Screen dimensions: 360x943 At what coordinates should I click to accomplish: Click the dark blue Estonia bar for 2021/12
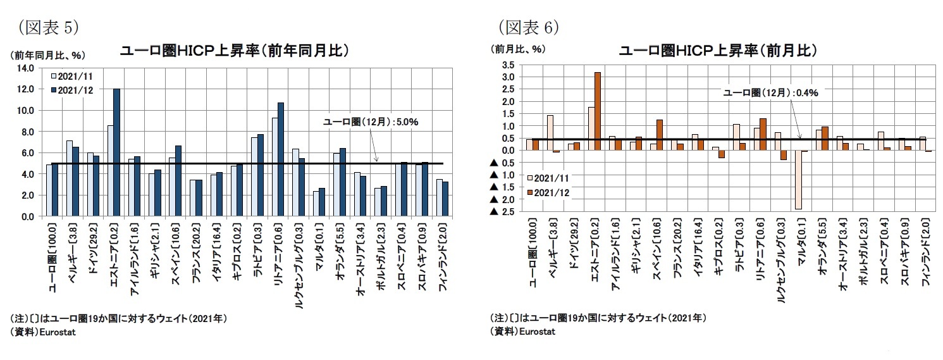click(x=116, y=152)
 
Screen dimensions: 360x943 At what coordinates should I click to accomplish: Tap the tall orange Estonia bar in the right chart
click(x=597, y=111)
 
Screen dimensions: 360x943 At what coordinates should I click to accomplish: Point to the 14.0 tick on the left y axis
click(x=26, y=68)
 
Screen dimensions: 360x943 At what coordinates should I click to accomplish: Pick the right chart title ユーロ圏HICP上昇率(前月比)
click(x=718, y=51)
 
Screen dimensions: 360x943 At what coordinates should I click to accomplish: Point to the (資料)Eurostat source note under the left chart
click(x=43, y=333)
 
